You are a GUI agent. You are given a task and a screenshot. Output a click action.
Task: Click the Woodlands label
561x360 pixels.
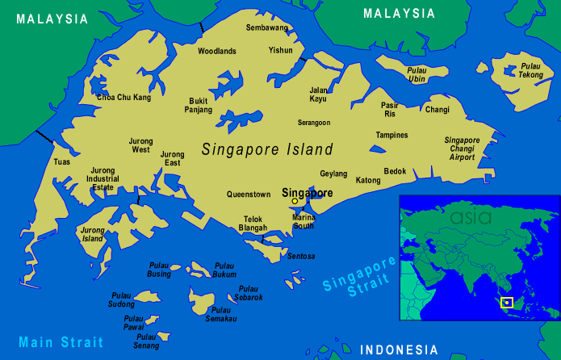216,51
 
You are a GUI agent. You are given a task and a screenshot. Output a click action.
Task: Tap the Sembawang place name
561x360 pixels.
266,27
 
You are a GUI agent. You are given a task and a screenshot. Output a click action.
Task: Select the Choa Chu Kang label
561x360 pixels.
124,98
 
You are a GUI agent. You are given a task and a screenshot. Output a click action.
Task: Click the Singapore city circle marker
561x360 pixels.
295,202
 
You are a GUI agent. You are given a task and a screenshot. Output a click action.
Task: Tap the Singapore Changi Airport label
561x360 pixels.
462,149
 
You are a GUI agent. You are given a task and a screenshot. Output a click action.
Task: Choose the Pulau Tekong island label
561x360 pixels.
530,70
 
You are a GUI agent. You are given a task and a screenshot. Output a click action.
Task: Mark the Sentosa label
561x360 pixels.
301,256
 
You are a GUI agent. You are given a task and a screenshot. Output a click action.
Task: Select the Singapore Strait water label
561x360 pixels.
359,277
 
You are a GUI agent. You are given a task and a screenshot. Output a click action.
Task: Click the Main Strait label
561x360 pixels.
61,341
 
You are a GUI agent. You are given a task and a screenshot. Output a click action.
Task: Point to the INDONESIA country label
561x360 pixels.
399,350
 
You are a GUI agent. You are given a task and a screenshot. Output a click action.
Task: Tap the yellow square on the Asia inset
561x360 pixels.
507,303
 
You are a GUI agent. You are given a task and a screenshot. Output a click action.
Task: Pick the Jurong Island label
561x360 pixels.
92,234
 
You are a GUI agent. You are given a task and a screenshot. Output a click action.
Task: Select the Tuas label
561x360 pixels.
62,162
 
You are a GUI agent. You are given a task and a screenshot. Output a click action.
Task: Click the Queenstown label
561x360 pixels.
249,195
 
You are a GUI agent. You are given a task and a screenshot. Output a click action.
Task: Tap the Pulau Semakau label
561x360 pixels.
220,314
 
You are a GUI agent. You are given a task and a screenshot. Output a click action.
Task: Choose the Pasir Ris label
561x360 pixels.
390,110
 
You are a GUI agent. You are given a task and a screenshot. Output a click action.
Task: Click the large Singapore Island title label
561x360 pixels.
267,149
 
